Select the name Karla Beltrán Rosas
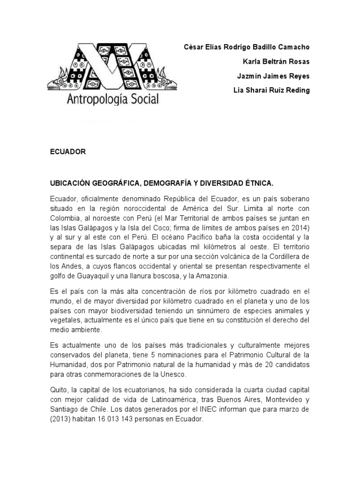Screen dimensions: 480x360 (x=276, y=62)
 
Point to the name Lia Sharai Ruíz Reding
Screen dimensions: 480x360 (x=271, y=90)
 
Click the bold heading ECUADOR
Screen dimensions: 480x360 (x=68, y=152)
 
